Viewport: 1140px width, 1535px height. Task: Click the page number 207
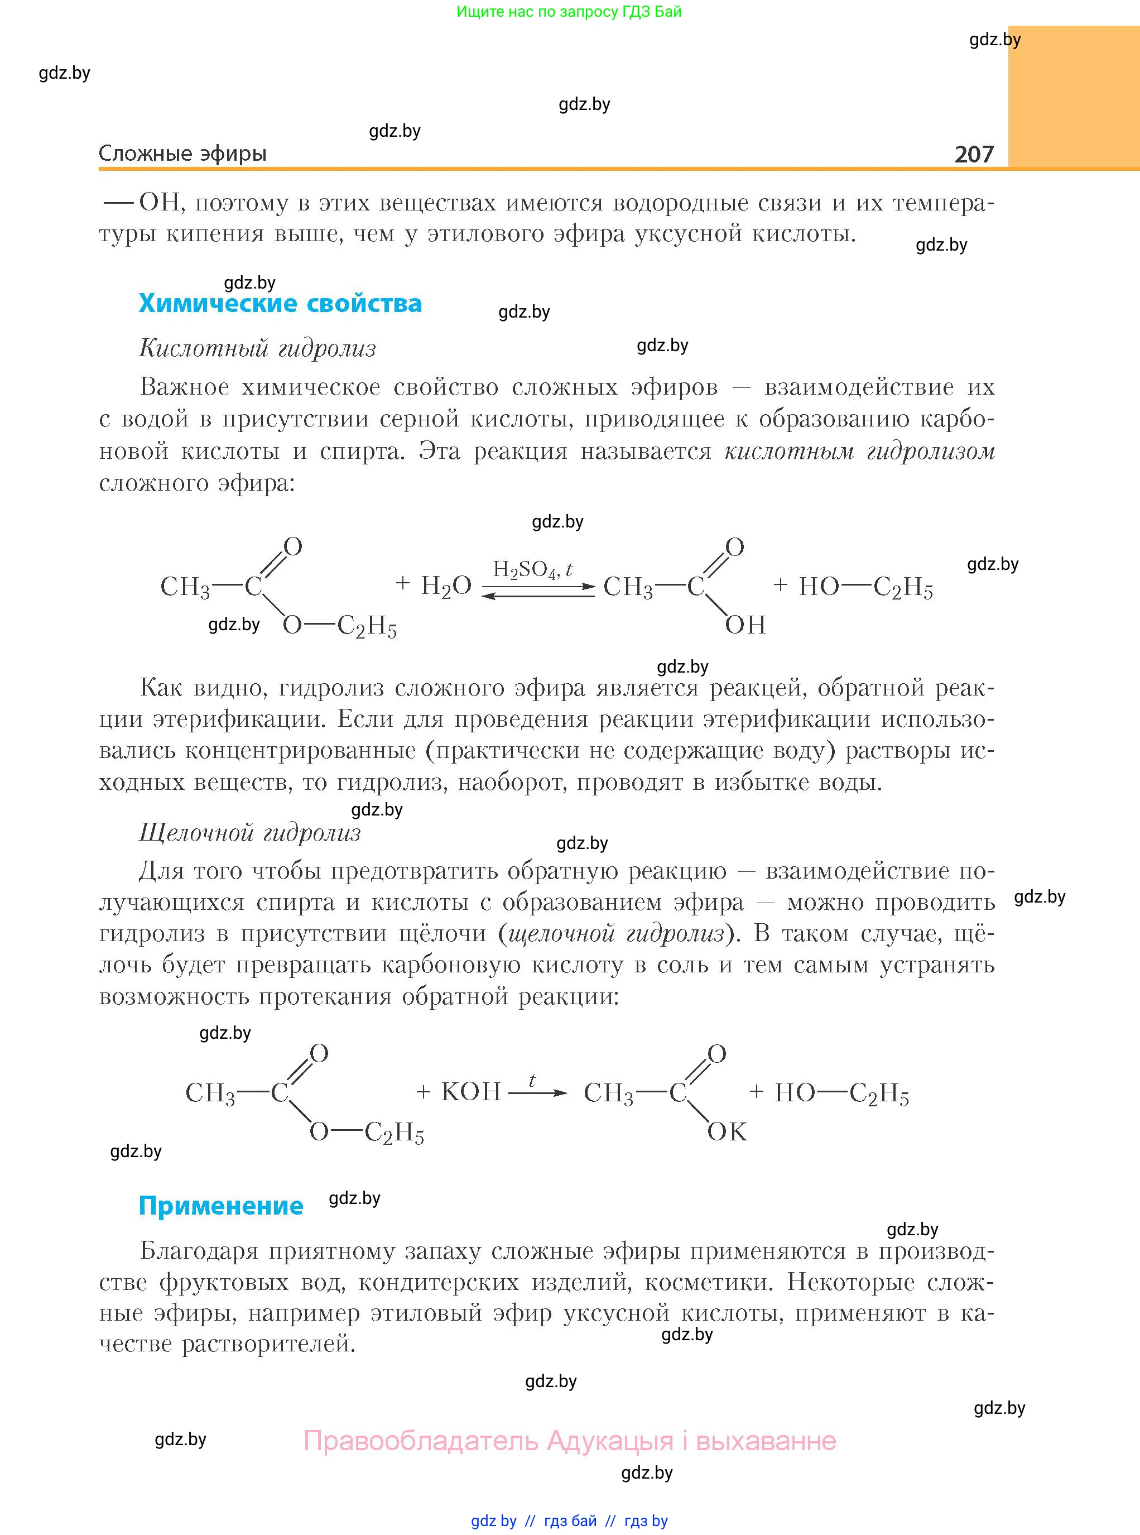973,154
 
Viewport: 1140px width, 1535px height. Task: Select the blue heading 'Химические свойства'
280,303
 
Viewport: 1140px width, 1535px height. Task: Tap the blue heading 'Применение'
221,1205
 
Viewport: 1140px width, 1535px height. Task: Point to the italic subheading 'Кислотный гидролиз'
257,348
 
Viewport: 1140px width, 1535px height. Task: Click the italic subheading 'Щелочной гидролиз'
250,833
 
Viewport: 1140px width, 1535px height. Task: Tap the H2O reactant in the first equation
446,586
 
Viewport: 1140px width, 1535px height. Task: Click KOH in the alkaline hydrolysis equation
470,1091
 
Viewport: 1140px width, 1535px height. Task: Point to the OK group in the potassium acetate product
727,1131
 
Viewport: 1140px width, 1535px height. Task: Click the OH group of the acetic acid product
745,625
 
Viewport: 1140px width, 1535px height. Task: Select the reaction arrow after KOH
537,1092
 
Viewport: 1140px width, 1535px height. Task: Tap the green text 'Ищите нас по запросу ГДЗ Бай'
569,12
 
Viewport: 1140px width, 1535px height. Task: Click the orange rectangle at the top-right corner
1073,97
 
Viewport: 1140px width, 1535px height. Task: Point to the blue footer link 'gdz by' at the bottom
493,1520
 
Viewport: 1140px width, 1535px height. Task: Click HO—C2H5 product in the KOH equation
841,1092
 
